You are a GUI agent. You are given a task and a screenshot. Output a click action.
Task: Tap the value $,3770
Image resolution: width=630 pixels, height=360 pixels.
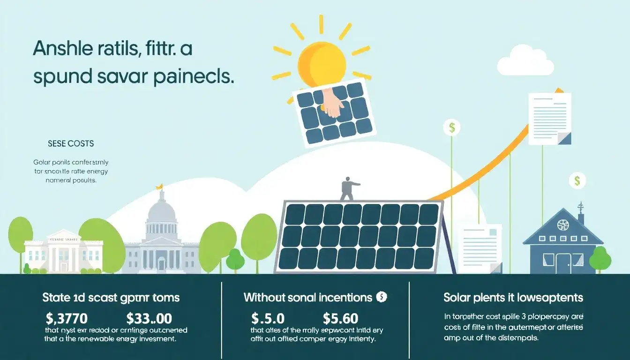(67, 319)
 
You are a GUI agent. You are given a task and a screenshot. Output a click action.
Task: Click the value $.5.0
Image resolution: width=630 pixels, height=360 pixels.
(268, 319)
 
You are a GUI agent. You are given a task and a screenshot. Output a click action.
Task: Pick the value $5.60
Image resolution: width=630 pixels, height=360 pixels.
(341, 319)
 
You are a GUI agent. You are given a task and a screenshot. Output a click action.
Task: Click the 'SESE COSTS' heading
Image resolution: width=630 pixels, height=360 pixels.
(71, 143)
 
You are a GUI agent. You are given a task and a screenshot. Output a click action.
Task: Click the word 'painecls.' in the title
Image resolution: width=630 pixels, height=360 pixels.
(194, 77)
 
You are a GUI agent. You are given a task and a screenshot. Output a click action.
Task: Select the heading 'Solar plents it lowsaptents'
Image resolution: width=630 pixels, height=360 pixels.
(513, 297)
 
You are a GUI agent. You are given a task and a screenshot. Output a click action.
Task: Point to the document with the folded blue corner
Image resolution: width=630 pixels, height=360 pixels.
(550, 118)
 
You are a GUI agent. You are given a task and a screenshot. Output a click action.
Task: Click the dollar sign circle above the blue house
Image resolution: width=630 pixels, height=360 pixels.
(577, 180)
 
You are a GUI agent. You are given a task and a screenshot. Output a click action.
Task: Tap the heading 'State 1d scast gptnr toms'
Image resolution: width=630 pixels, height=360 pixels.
(111, 297)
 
